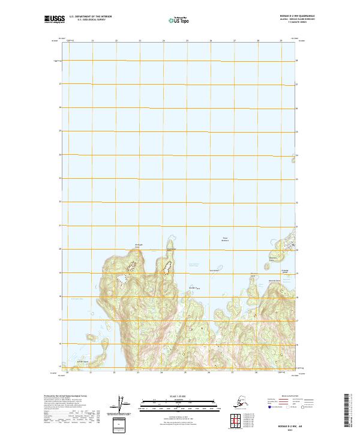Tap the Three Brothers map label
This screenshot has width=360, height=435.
226,239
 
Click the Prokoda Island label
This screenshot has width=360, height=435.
286,271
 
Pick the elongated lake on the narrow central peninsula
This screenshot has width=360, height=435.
168,265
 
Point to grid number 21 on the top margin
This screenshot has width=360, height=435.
92,40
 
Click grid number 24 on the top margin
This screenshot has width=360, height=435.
163,40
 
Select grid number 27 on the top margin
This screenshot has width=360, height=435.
235,40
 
